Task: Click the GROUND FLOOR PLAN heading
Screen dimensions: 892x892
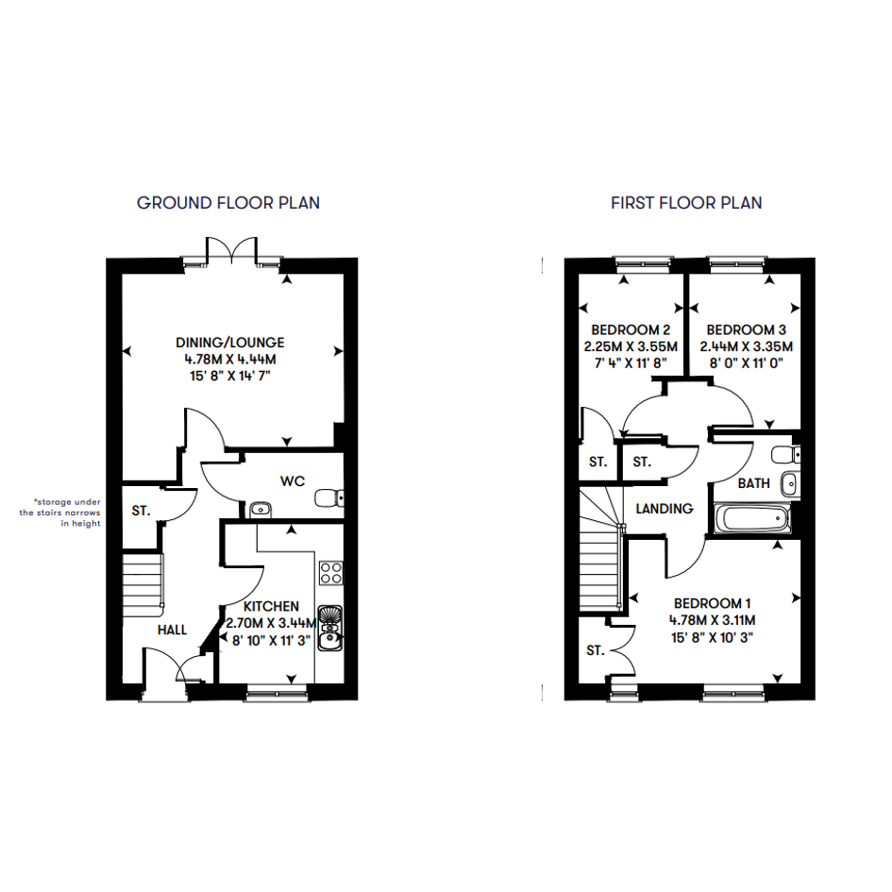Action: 228,203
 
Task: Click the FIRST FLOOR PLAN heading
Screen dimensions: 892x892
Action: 686,203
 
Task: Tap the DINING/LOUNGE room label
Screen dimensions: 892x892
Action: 229,343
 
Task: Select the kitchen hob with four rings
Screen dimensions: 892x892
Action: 331,573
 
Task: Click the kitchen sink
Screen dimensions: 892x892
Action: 330,628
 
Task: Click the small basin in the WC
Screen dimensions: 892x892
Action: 261,510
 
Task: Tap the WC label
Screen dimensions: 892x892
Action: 293,481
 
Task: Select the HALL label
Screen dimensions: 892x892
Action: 172,630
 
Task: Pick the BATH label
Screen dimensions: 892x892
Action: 754,483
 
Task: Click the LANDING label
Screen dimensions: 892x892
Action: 665,509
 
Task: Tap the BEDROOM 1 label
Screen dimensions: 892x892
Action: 713,603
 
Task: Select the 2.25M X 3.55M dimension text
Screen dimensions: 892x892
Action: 631,346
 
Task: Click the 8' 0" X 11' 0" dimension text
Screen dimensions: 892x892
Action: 747,363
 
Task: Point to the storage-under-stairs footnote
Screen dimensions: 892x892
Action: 59,513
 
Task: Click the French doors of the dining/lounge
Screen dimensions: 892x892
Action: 231,251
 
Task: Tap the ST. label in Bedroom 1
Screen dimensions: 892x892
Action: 595,650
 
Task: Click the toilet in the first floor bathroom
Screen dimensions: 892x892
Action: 786,455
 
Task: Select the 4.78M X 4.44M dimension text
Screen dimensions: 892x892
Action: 229,360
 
